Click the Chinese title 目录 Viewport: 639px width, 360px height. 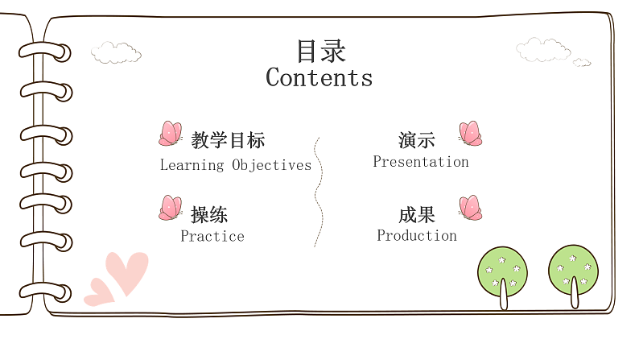[x=320, y=52]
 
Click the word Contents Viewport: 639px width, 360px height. [x=319, y=78]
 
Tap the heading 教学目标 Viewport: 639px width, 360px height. [x=228, y=140]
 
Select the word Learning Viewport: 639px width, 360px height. [x=192, y=166]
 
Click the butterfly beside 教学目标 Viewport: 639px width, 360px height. [x=170, y=134]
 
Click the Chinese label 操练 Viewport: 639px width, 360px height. [x=209, y=215]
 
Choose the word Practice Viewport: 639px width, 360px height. [x=212, y=237]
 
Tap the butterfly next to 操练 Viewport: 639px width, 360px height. [x=170, y=208]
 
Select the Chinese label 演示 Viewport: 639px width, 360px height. [x=416, y=140]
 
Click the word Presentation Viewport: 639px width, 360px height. [x=420, y=162]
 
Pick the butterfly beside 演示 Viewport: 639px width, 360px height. [x=470, y=134]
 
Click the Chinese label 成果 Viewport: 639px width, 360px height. [x=416, y=215]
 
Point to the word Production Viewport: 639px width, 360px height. [x=417, y=236]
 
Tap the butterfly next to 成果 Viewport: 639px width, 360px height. [x=470, y=208]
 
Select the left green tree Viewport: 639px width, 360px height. [x=502, y=271]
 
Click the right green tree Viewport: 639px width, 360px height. [x=573, y=270]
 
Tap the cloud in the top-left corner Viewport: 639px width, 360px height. [x=116, y=53]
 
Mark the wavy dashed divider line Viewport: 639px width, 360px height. [x=319, y=192]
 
